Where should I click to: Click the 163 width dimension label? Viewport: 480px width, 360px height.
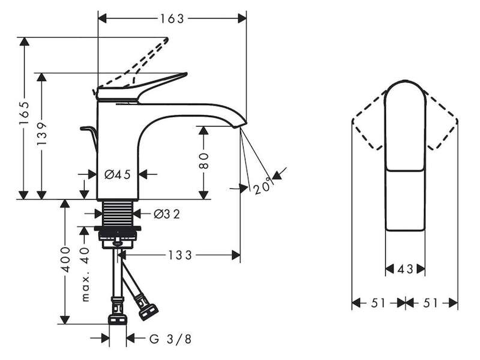pyautogui.click(x=172, y=19)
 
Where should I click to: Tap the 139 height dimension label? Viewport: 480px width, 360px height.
pyautogui.click(x=42, y=134)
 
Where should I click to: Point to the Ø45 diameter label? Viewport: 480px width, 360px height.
pyautogui.click(x=118, y=175)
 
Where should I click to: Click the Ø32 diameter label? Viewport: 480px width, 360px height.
pyautogui.click(x=167, y=214)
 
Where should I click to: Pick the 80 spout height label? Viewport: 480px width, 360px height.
pyautogui.click(x=203, y=161)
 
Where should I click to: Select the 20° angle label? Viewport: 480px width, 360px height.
pyautogui.click(x=263, y=186)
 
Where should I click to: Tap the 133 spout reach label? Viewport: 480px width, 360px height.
pyautogui.click(x=180, y=255)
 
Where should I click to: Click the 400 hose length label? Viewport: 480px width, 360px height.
pyautogui.click(x=65, y=260)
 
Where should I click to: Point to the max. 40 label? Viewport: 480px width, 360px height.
pyautogui.click(x=85, y=274)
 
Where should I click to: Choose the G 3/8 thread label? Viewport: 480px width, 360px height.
pyautogui.click(x=170, y=339)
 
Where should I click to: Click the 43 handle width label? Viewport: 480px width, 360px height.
pyautogui.click(x=406, y=269)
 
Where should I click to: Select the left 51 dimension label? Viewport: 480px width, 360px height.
pyautogui.click(x=379, y=303)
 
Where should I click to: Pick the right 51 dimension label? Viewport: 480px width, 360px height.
pyautogui.click(x=430, y=303)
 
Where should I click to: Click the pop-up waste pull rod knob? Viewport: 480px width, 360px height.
pyautogui.click(x=86, y=128)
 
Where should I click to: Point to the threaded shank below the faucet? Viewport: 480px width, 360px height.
pyautogui.click(x=117, y=213)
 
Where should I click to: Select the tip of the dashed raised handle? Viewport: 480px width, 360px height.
pyautogui.click(x=167, y=39)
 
